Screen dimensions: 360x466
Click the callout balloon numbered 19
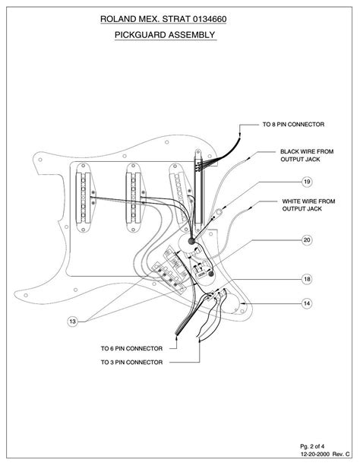[307, 181]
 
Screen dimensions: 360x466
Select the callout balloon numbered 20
[307, 239]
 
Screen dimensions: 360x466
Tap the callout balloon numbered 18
[307, 279]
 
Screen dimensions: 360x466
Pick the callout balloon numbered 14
[307, 303]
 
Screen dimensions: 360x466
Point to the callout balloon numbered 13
[72, 322]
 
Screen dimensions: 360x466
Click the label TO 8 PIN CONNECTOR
[293, 124]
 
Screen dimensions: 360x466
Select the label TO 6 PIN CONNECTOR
[131, 348]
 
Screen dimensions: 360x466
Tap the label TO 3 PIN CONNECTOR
[131, 363]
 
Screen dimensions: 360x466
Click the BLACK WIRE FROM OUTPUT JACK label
[307, 155]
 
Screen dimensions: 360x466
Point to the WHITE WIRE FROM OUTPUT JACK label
[308, 205]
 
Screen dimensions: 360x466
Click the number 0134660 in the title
[210, 19]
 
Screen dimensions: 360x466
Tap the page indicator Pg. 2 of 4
[312, 446]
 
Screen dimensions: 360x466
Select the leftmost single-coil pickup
[84, 198]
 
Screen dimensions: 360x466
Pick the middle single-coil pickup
[135, 198]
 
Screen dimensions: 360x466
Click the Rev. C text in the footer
[341, 454]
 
